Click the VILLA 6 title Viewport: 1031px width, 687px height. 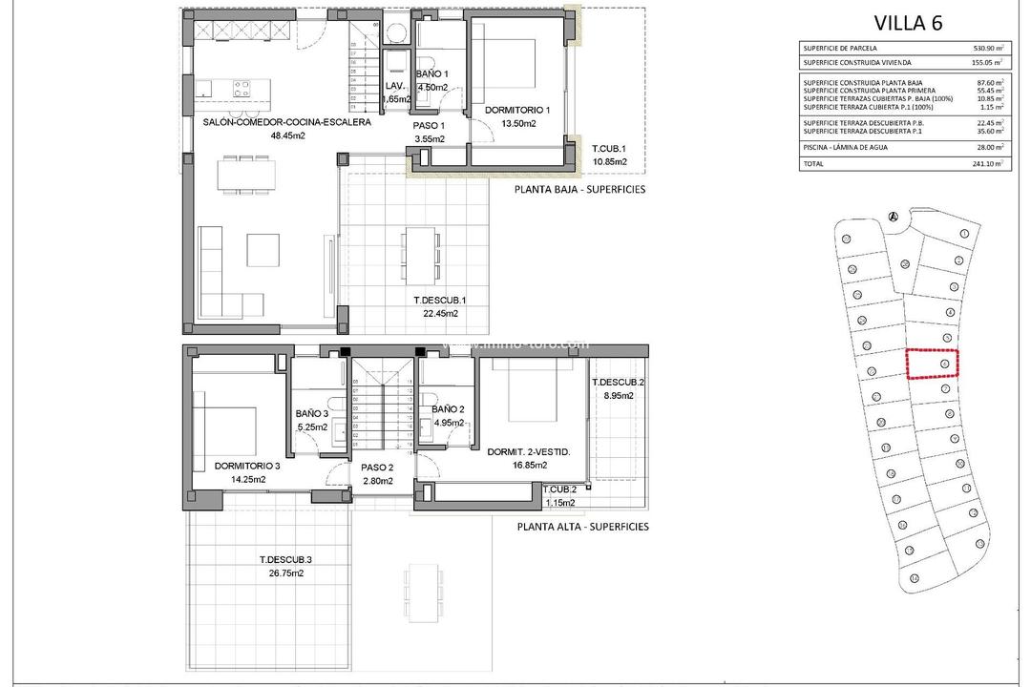pyautogui.click(x=908, y=24)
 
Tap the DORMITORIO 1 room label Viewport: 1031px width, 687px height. pyautogui.click(x=510, y=110)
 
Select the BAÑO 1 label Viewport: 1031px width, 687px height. pyautogui.click(x=431, y=74)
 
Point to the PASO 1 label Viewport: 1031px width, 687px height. pyautogui.click(x=428, y=125)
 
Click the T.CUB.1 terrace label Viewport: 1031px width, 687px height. pyautogui.click(x=608, y=148)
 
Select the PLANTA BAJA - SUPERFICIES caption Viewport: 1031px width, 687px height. pyautogui.click(x=579, y=189)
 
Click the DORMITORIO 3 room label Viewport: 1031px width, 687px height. pyautogui.click(x=247, y=466)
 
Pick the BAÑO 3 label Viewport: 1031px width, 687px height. pyautogui.click(x=312, y=413)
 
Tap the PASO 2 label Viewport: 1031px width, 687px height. pyautogui.click(x=376, y=468)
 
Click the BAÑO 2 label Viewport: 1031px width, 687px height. pyautogui.click(x=448, y=409)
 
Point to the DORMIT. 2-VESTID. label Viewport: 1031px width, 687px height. pyautogui.click(x=529, y=451)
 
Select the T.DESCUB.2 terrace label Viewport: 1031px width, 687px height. pyautogui.click(x=618, y=383)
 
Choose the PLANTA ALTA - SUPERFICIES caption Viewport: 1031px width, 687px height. pyautogui.click(x=582, y=526)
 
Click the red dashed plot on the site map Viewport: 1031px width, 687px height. pyautogui.click(x=932, y=364)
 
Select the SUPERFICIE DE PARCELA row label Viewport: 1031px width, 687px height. pyautogui.click(x=840, y=48)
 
